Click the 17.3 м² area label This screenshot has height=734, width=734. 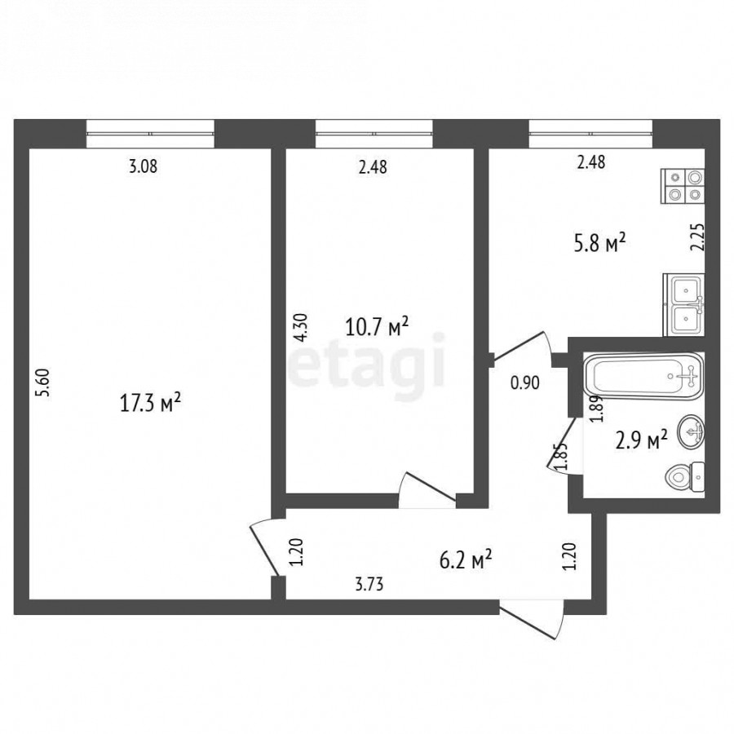[150, 403]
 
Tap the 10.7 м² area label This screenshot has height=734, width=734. [377, 327]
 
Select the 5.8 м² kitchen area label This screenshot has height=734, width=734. [600, 243]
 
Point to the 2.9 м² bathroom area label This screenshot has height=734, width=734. [641, 440]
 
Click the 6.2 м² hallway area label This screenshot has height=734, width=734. [466, 559]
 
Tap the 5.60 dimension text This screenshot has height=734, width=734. [43, 383]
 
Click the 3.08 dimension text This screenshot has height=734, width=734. [144, 166]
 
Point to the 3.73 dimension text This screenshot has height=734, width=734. [369, 584]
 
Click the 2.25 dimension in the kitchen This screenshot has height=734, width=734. [697, 237]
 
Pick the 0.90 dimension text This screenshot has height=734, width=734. [524, 383]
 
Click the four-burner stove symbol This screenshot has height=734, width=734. [683, 186]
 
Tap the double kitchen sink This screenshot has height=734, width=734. [684, 305]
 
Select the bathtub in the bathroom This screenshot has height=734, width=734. [643, 376]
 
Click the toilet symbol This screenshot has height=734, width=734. [685, 477]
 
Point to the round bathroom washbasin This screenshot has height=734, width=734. [691, 431]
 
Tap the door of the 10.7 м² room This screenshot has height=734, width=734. [427, 489]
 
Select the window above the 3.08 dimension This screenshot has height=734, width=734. [150, 134]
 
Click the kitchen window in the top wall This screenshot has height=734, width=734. [590, 134]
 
